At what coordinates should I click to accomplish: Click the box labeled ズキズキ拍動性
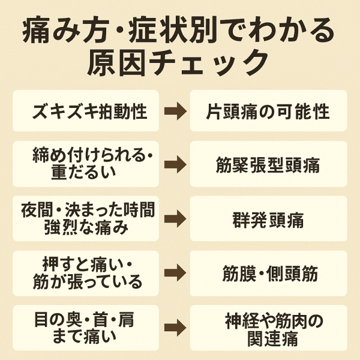[86, 111]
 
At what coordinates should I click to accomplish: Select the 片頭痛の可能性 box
[268, 111]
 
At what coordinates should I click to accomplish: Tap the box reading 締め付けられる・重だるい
[86, 164]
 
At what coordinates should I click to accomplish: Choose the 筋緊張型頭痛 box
[268, 164]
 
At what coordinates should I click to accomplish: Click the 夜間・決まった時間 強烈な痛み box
[86, 218]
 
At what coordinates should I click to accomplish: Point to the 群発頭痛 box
[268, 219]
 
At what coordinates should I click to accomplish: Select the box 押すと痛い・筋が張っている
[86, 273]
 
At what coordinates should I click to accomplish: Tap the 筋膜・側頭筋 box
[268, 274]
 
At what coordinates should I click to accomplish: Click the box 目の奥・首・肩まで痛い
[86, 327]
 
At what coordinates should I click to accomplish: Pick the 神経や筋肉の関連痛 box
[268, 328]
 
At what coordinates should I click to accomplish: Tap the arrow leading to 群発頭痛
[175, 219]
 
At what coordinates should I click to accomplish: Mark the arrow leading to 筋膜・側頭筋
[175, 274]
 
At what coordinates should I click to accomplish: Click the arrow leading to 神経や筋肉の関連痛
[175, 328]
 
